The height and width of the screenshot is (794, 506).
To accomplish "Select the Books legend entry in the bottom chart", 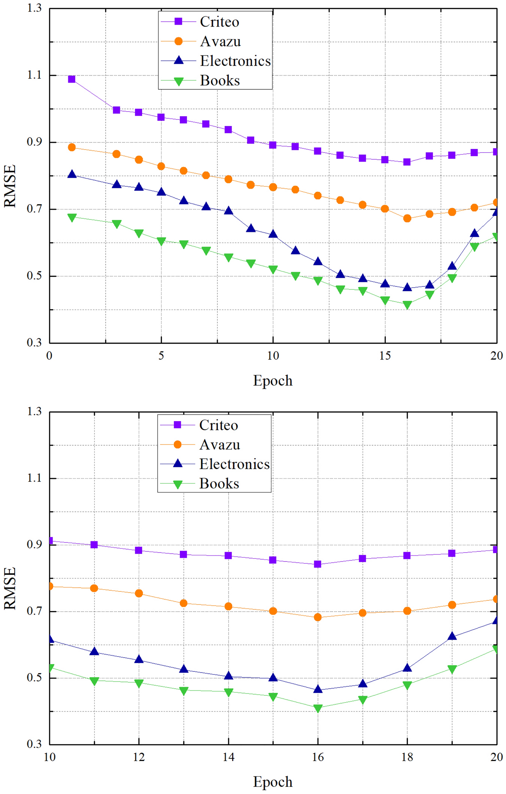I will [219, 483].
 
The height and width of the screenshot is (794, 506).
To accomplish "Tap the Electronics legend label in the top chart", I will [235, 61].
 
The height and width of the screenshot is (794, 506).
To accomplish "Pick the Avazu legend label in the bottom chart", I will [219, 445].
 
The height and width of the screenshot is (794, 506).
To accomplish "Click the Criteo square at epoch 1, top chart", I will [72, 79].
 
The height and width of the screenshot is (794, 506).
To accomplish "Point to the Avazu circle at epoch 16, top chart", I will [407, 218].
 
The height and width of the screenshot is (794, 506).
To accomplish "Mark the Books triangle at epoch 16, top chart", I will [407, 305].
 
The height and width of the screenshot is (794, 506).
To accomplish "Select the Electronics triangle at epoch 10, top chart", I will [273, 234].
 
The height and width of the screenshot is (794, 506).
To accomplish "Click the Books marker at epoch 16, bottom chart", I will [318, 708].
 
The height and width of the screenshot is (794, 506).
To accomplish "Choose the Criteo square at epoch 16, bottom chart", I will [318, 564].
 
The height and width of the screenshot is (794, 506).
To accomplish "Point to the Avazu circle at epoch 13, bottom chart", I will [184, 603].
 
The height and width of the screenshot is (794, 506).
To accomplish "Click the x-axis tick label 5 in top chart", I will [161, 355].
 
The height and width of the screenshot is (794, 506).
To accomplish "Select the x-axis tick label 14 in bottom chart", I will [229, 757].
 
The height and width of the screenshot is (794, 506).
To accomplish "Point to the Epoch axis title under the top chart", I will [273, 380].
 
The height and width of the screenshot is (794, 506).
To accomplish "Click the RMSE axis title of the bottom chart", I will [10, 588].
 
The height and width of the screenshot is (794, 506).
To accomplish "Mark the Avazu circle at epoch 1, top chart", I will [72, 147].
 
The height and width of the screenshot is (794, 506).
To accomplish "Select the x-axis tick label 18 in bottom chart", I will [407, 757].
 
